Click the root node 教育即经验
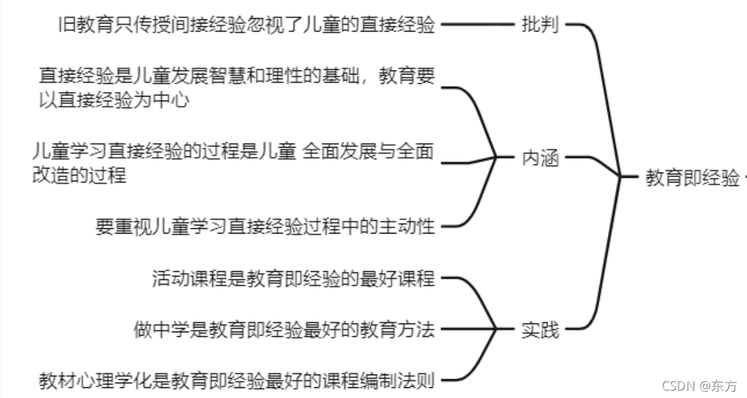[692, 178]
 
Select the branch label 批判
[540, 26]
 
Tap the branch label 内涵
[540, 159]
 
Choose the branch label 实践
[540, 330]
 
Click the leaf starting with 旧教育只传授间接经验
[247, 26]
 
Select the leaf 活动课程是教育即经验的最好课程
[294, 278]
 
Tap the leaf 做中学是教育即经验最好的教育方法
[284, 330]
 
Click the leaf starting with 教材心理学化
[236, 382]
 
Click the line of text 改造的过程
[79, 175]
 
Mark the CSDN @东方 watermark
[699, 385]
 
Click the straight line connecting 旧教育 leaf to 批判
[477, 26]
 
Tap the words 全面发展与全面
[368, 152]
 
